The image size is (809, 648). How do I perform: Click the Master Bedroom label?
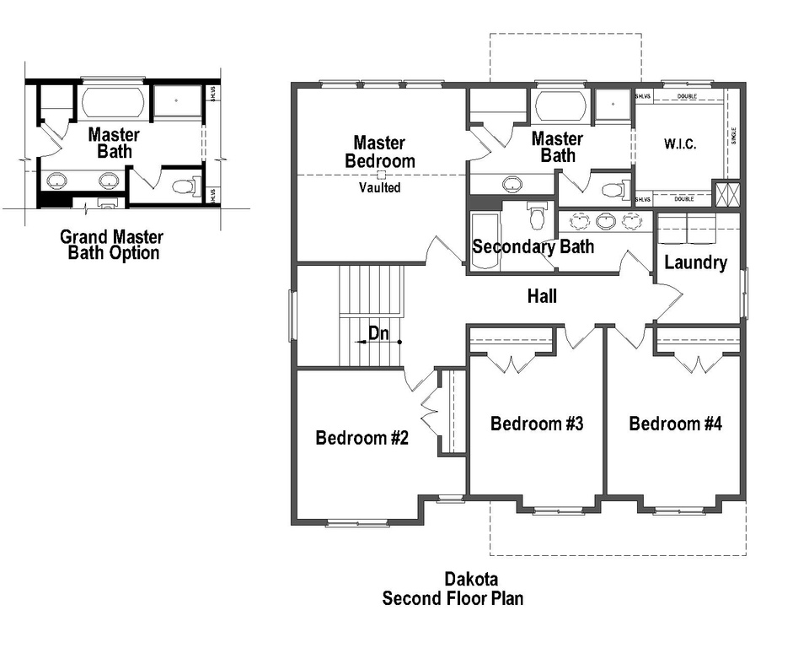pos(379,152)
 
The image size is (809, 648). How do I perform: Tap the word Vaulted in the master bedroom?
pos(380,188)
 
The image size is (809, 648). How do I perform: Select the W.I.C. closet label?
pos(679,144)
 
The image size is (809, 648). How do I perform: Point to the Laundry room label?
pos(695,262)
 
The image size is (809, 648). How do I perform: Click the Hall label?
pos(542,296)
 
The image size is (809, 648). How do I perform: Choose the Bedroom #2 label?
pos(362,438)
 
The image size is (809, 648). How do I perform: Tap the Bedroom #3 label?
pos(537,424)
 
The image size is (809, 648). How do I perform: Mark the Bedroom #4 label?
pos(675,424)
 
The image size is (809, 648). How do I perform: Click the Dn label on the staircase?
pos(379,333)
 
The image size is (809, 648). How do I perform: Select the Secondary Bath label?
pos(533,247)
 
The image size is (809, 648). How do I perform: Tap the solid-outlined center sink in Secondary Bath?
pos(605,222)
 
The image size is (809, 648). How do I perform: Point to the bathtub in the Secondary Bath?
pos(485,241)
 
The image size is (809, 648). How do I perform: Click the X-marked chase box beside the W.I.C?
pos(726,193)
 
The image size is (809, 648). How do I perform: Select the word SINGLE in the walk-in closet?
pos(733,136)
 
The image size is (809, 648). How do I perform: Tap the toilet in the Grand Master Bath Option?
pos(183,186)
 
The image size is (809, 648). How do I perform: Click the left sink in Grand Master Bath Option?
pos(57,180)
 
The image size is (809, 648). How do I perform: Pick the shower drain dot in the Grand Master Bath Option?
pos(177,100)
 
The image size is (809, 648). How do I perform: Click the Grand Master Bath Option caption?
pos(112,245)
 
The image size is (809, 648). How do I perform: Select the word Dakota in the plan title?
pos(471,580)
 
